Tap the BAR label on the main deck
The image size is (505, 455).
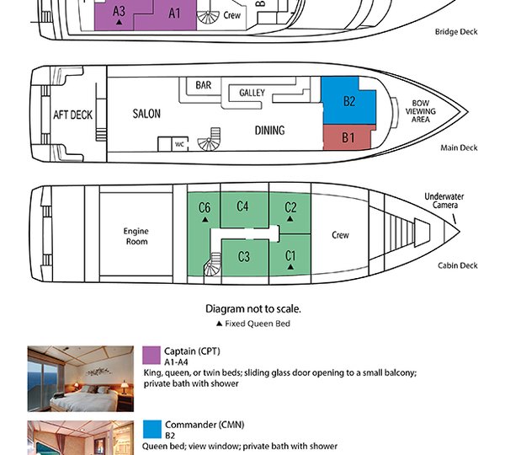point(204,85)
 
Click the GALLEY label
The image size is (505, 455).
point(252,93)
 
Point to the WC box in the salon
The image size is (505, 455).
point(180,144)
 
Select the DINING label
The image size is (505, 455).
point(269,131)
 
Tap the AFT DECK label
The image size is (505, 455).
point(72,115)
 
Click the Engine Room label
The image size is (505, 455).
point(136,236)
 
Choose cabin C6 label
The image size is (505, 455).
point(204,208)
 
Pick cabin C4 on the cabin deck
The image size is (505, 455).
point(242,206)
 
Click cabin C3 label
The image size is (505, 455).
point(244,256)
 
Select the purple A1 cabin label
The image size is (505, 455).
point(174,13)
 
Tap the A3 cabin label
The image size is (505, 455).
point(119,11)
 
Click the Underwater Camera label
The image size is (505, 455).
point(444,201)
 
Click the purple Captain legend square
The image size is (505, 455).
point(152,353)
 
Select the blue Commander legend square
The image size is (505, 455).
point(152,427)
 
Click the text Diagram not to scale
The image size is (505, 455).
point(252,309)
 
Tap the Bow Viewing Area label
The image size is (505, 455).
point(421,110)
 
